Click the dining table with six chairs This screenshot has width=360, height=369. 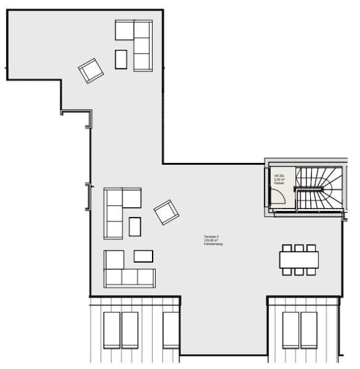[299, 260]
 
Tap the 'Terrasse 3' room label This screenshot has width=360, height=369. [211, 237]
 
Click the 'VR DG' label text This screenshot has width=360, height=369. [279, 175]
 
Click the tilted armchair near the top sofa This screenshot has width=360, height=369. [91, 70]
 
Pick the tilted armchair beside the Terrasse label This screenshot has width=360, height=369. [167, 212]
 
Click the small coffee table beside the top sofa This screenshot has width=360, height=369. [121, 59]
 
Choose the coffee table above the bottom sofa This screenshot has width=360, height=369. [143, 256]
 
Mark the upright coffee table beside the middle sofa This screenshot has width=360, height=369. [135, 227]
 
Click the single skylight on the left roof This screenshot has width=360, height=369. [170, 330]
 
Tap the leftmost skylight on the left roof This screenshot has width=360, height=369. [111, 330]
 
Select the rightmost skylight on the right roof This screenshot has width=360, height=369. [308, 330]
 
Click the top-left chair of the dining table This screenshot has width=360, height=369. [287, 248]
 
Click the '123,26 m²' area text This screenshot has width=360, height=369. [211, 240]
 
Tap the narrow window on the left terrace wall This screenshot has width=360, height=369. [88, 197]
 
